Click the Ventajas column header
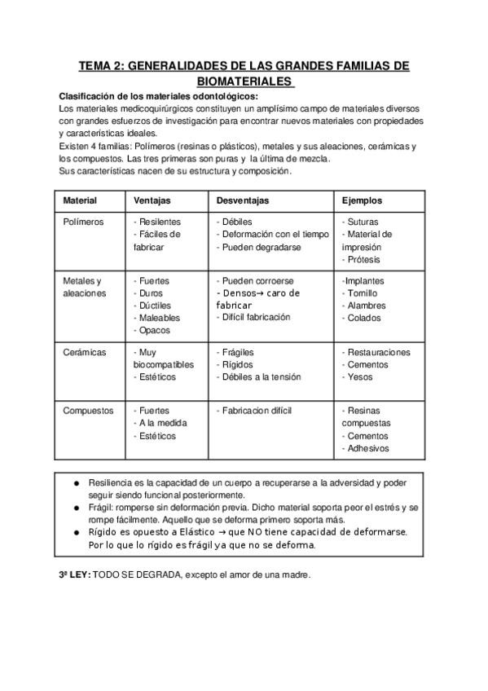tap(152, 200)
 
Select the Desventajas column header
tap(243, 200)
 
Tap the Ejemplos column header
tap(362, 200)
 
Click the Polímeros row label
tap(83, 222)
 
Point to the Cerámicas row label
tap(85, 352)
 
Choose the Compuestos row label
tap(88, 411)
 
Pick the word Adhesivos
tap(367, 448)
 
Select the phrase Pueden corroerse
tap(257, 280)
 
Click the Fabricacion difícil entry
tap(256, 411)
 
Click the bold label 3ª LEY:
tap(75, 574)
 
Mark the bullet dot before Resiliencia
tap(77, 482)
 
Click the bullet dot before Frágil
tap(77, 507)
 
